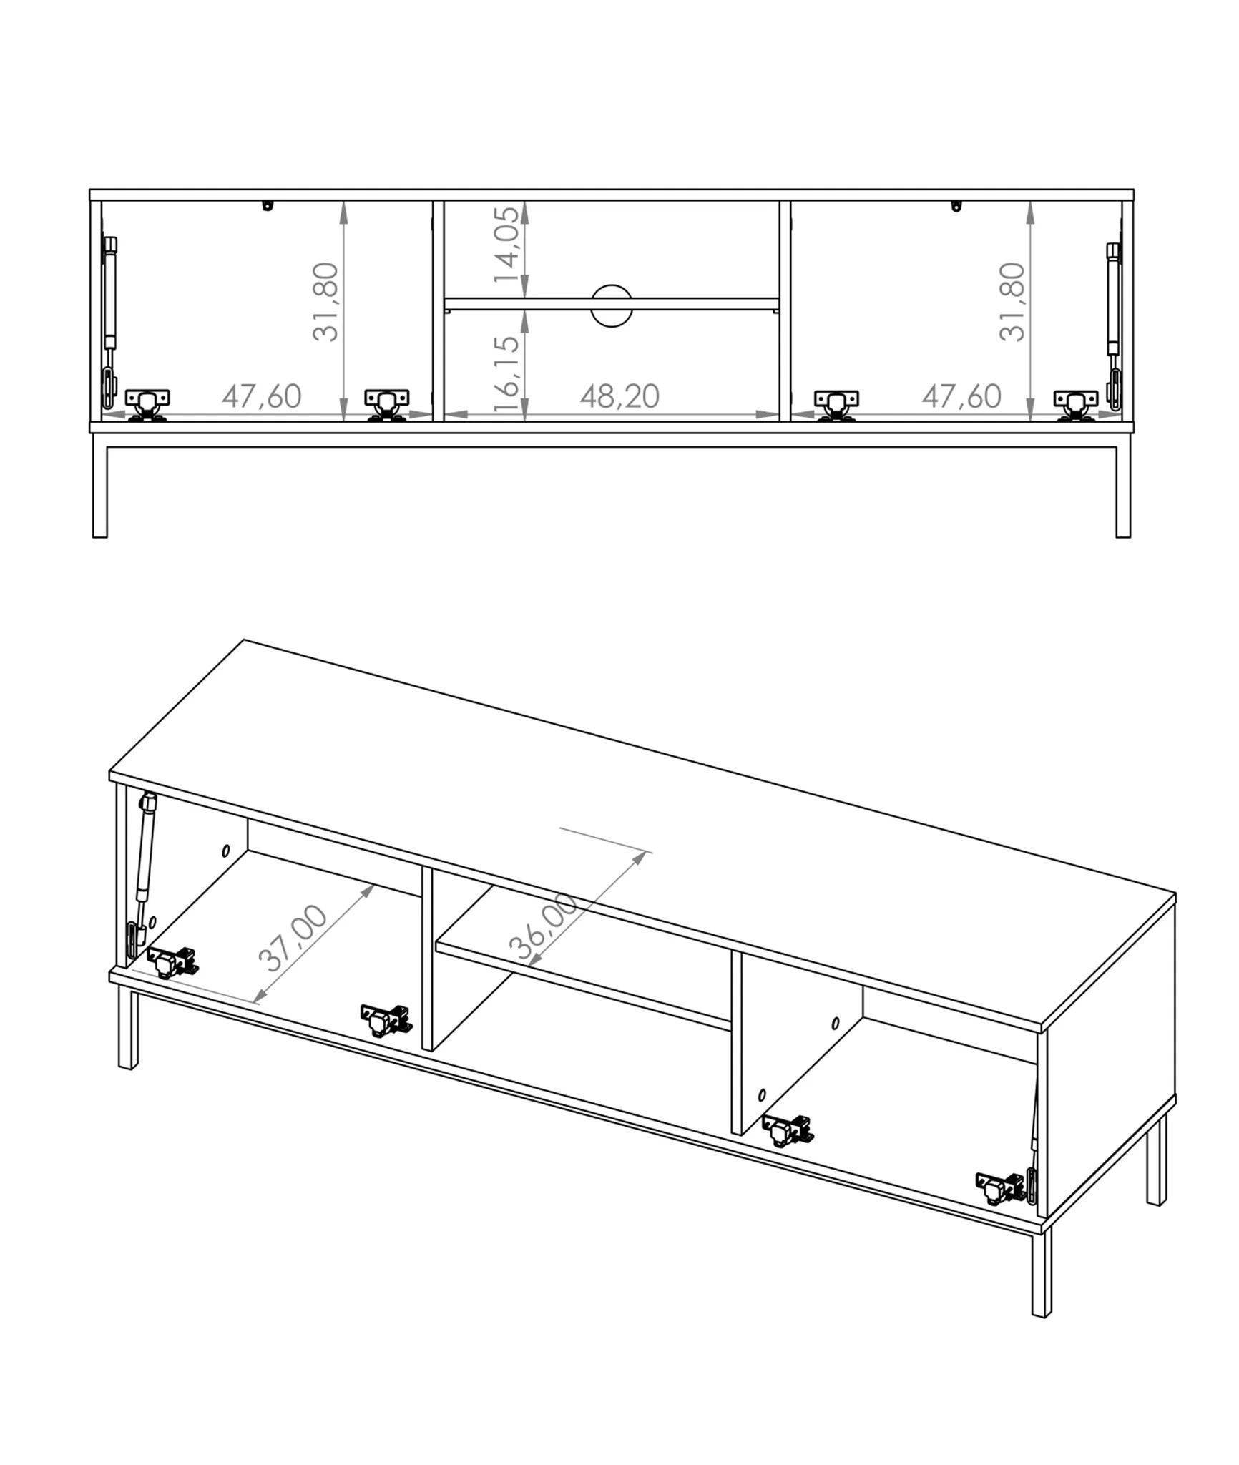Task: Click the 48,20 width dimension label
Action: point(619,396)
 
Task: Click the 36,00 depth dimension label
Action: point(543,926)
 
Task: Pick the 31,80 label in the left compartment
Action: point(325,302)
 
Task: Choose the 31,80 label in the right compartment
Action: point(1012,302)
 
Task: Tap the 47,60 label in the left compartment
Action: point(261,396)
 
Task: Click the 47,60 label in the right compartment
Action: point(961,396)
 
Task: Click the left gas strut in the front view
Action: point(110,315)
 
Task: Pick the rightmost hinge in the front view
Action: point(1075,405)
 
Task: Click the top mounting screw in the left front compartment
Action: point(268,206)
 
